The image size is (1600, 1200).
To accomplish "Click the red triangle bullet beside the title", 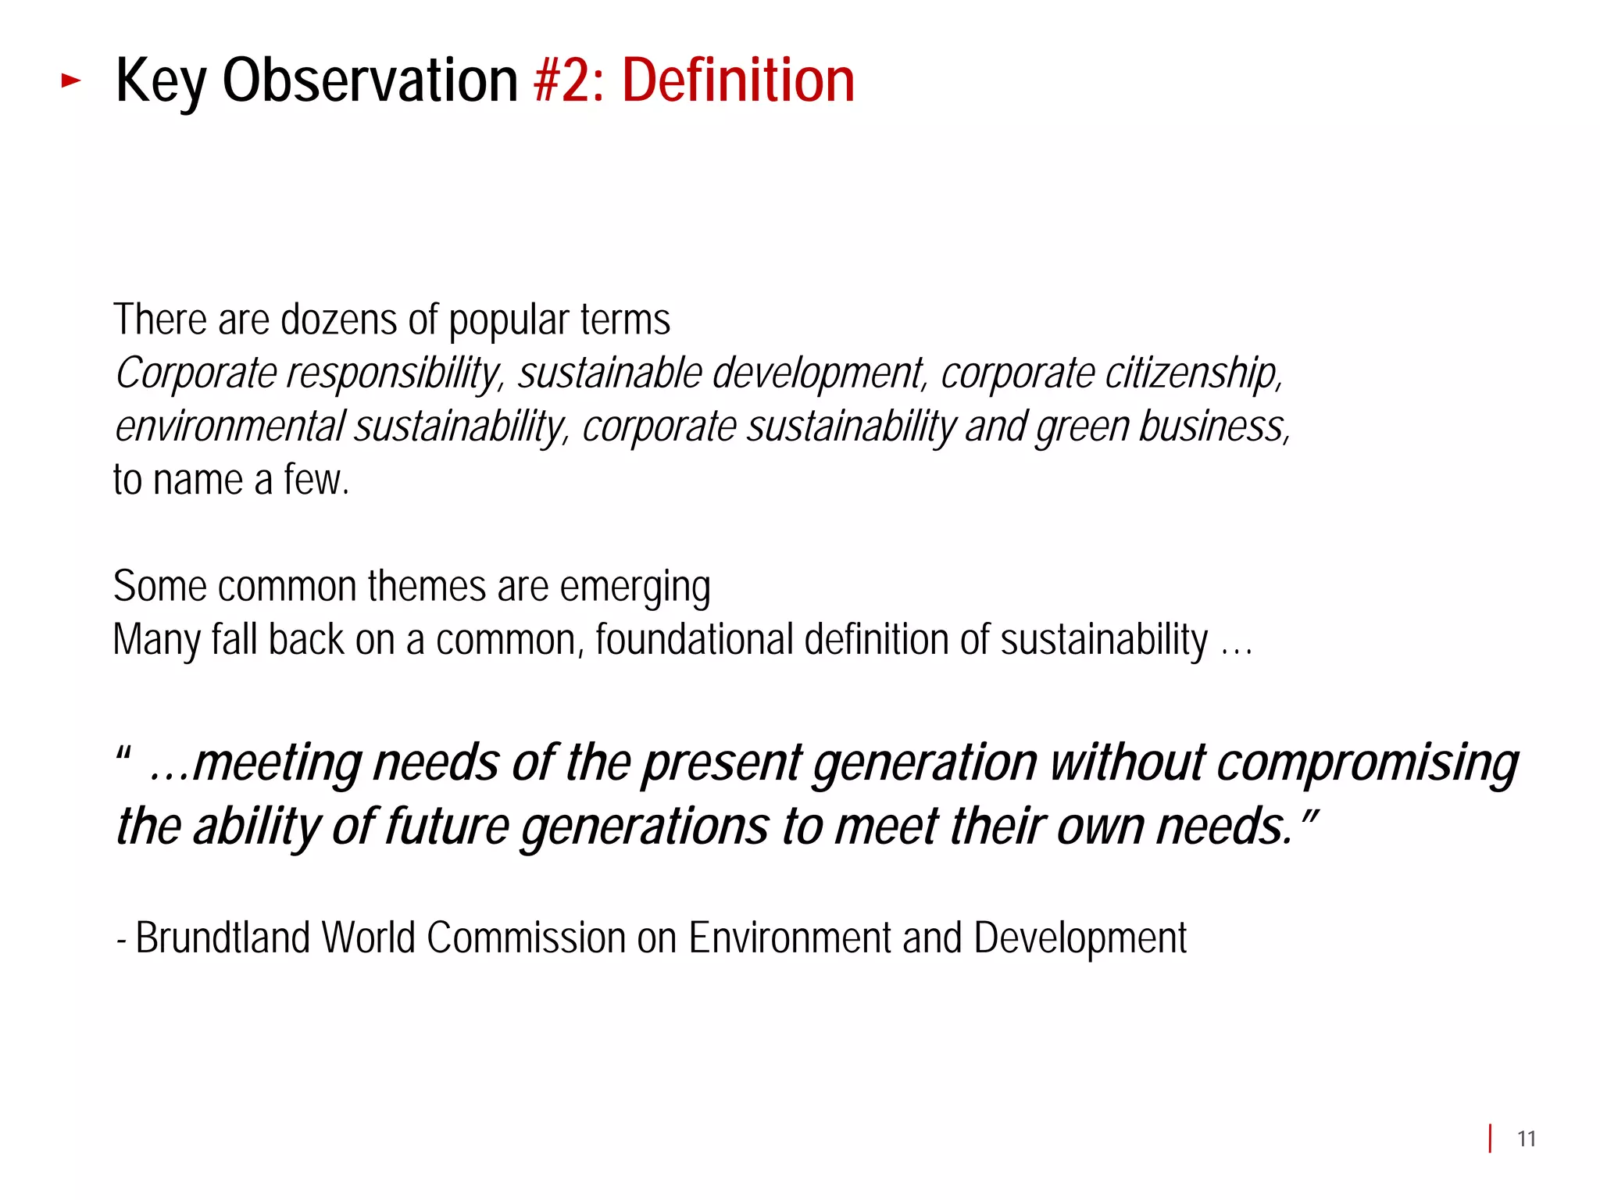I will click(x=71, y=80).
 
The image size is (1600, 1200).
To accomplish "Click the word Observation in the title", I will click(x=370, y=80).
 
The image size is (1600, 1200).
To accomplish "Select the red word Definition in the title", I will click(x=738, y=80).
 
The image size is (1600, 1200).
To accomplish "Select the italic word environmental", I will click(x=230, y=427).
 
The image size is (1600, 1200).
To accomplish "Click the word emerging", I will click(x=634, y=587).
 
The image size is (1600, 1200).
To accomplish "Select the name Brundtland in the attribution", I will click(x=223, y=937).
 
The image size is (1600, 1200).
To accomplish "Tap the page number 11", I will click(x=1526, y=1139).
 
